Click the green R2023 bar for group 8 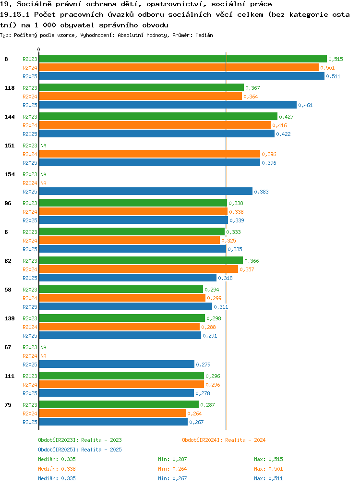point(183,59)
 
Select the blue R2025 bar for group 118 point(168,105)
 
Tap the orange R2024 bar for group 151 point(150,154)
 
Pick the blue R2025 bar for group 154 point(146,192)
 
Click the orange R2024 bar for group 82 point(139,269)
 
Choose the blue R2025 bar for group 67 point(117,365)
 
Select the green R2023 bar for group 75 point(119,405)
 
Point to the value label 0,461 point(305,105)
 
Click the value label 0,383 point(261,192)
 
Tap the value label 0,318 point(225,278)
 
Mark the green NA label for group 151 point(44,146)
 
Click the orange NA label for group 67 point(44,356)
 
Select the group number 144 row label point(10,117)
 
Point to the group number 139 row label point(10,318)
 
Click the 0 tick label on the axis point(38,49)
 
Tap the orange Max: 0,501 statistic point(268,469)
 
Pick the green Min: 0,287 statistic point(172,459)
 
